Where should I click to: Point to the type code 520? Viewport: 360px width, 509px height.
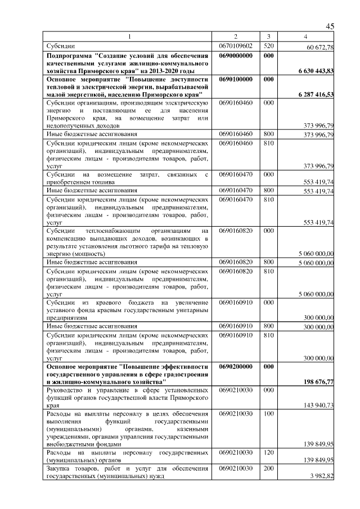tap(268, 46)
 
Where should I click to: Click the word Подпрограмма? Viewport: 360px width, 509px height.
tap(71, 56)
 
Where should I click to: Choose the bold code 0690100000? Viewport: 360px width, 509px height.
tap(236, 79)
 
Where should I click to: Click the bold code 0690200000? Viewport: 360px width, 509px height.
tap(236, 366)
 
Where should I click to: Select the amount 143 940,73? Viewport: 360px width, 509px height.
tap(318, 406)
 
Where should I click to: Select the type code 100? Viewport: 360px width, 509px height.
tap(268, 413)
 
